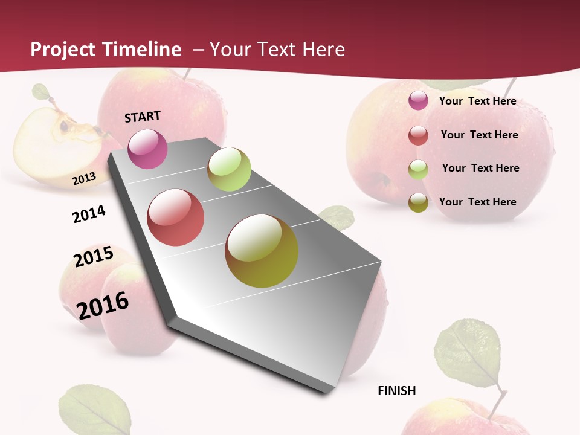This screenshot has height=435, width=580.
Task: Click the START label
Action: click(143, 117)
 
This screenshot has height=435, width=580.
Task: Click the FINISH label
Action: click(396, 391)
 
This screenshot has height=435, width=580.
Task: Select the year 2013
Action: click(84, 179)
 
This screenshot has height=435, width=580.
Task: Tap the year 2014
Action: click(89, 214)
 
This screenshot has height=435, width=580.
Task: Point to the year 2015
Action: click(94, 257)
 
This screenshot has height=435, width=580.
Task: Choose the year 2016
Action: click(103, 305)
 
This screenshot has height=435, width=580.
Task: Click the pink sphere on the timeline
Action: click(148, 149)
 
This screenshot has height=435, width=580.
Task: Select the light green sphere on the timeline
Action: click(229, 169)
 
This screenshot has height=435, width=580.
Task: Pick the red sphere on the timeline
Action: click(176, 217)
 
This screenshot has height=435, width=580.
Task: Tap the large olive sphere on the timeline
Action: click(262, 251)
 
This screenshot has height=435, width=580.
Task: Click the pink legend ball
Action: click(418, 100)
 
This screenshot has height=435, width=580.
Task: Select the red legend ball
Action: click(418, 135)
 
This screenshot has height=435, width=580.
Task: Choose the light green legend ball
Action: click(418, 169)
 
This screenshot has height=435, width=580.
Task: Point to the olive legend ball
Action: click(418, 202)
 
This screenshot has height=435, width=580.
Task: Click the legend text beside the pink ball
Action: click(477, 101)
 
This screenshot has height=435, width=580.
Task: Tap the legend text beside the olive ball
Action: click(477, 202)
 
